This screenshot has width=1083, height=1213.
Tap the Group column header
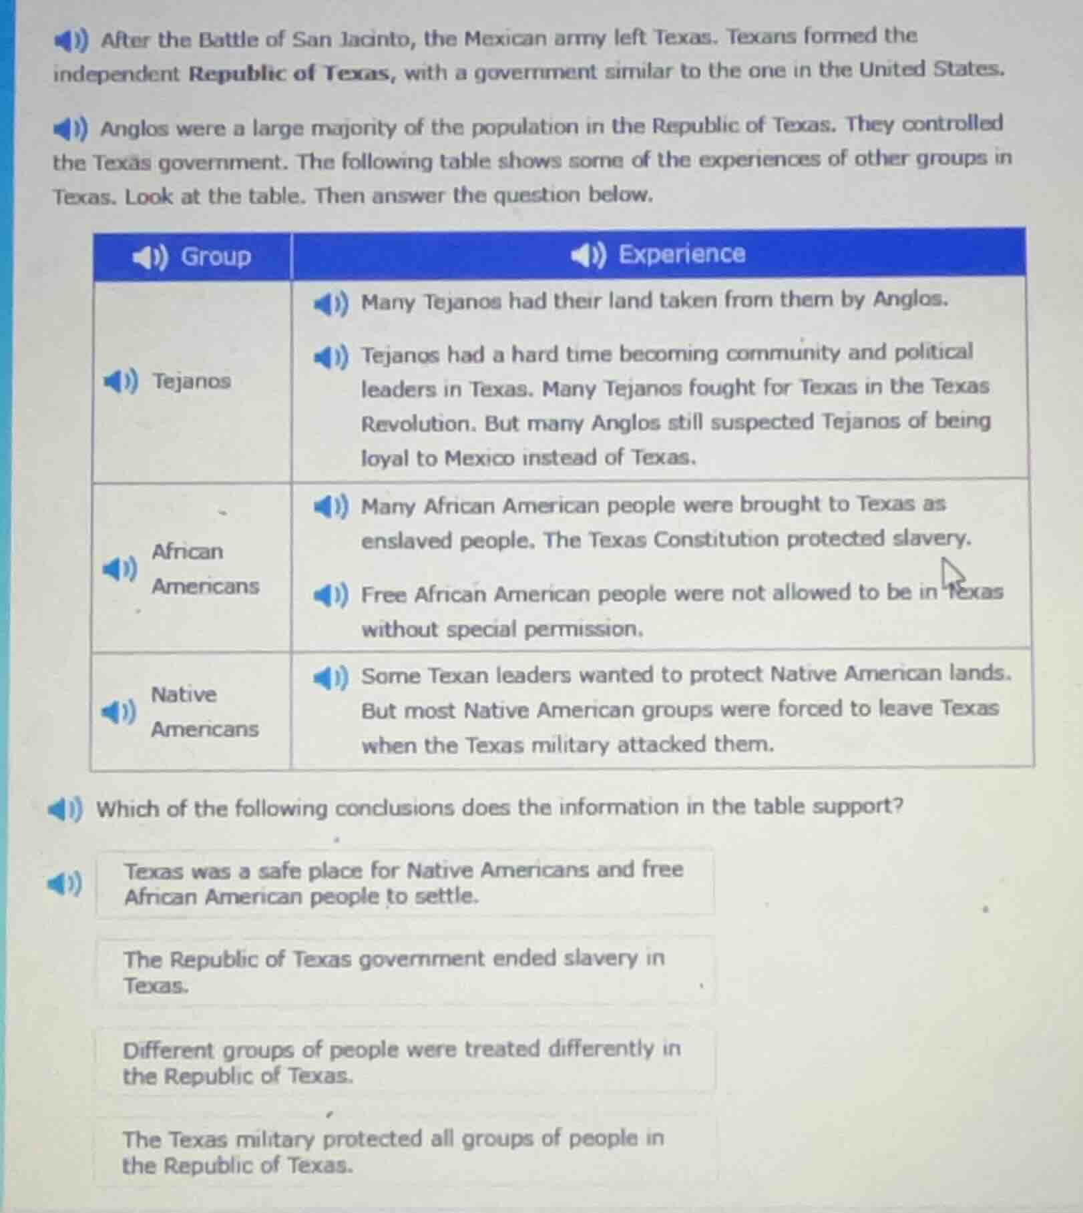pyautogui.click(x=216, y=256)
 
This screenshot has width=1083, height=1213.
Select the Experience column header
pyautogui.click(x=681, y=254)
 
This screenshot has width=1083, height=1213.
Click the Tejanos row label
pyautogui.click(x=192, y=381)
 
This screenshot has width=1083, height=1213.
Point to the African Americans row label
pyautogui.click(x=204, y=569)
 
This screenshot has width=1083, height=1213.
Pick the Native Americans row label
pyautogui.click(x=204, y=712)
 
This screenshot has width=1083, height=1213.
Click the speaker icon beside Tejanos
pyautogui.click(x=121, y=382)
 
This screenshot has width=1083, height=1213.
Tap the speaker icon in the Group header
pyautogui.click(x=150, y=257)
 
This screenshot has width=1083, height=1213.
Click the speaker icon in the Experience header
pyautogui.click(x=588, y=255)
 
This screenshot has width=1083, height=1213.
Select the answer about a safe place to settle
pyautogui.click(x=405, y=883)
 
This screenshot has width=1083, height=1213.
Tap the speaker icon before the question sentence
pyautogui.click(x=65, y=810)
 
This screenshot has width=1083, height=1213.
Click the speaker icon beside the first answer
pyautogui.click(x=65, y=885)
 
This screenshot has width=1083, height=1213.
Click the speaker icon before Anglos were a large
pyautogui.click(x=71, y=128)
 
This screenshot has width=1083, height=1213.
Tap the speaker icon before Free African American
pyautogui.click(x=331, y=595)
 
